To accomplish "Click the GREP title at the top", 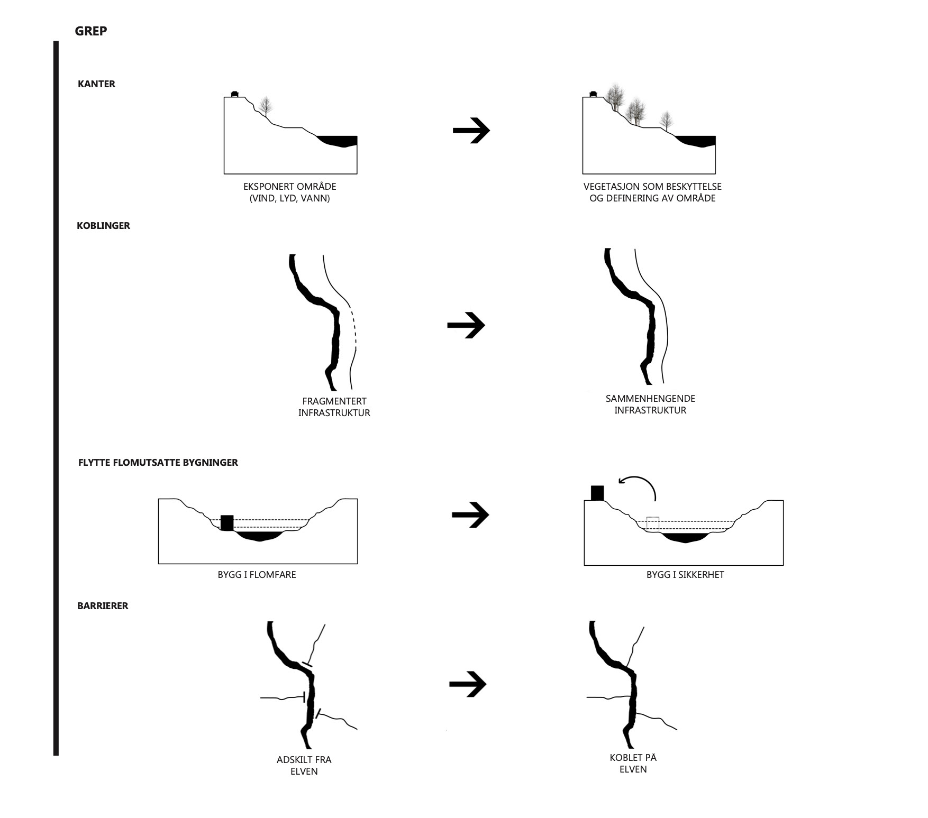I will (x=91, y=31).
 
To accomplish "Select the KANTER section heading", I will (x=96, y=84).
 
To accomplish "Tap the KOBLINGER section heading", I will (x=103, y=226).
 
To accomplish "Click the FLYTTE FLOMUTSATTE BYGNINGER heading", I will (x=158, y=463).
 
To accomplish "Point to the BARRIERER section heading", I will (x=103, y=606).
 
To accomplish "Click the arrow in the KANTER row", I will (x=471, y=131).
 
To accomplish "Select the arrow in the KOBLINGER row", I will (x=466, y=325).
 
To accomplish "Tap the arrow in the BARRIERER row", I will (x=468, y=684).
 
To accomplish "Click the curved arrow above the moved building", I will (x=639, y=485).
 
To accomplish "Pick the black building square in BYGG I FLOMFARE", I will (x=227, y=523).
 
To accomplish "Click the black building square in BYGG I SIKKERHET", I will (x=597, y=493).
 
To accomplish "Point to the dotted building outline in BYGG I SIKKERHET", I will (x=653, y=524).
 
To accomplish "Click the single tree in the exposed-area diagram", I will (x=266, y=106).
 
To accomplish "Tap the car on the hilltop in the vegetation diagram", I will (x=594, y=94).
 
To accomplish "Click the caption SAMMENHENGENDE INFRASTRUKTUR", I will (x=650, y=405).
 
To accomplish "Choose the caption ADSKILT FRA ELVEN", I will (x=304, y=765).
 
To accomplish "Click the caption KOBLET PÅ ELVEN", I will (x=633, y=763).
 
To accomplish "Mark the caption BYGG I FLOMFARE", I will (x=257, y=575).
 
